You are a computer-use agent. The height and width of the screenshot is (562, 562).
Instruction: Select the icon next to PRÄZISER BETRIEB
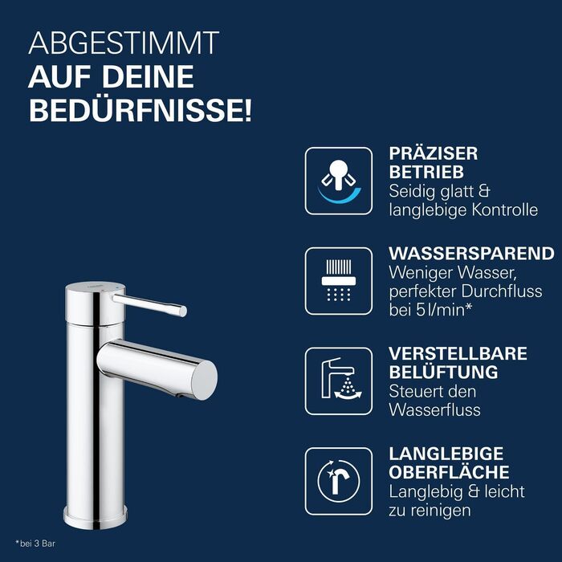[338, 181]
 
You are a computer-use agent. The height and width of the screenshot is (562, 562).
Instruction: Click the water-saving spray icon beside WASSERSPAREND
[338, 281]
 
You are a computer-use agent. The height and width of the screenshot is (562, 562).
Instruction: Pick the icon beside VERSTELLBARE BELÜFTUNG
[338, 381]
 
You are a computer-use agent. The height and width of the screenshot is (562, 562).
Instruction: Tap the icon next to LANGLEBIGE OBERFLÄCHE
[338, 480]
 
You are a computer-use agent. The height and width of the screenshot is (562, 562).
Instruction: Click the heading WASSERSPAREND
[471, 254]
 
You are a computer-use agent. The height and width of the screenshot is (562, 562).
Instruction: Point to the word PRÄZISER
[433, 153]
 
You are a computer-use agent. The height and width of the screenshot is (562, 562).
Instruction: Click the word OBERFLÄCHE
[449, 472]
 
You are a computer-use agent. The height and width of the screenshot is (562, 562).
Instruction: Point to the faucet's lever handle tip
[182, 310]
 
